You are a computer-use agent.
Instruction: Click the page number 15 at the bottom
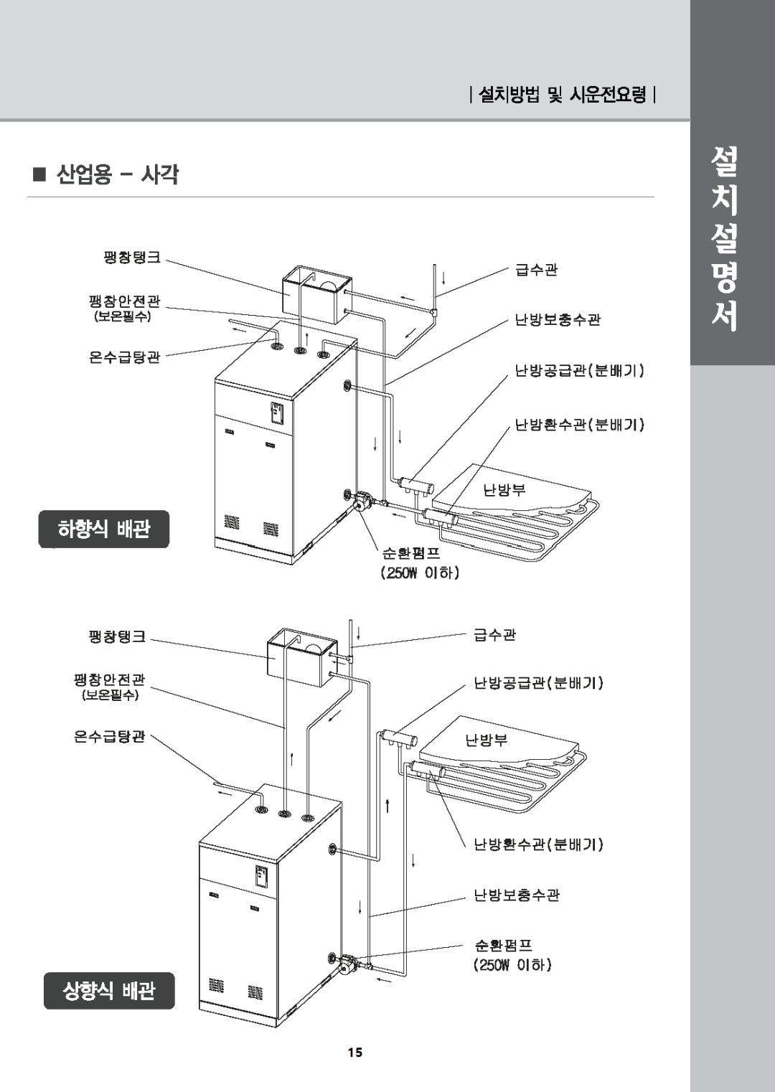click(355, 1053)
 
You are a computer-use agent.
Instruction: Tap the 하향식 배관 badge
click(104, 529)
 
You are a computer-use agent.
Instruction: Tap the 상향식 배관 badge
click(109, 991)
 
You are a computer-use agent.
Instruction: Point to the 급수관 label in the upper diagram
click(536, 270)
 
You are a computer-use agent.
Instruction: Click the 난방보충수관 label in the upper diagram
click(558, 320)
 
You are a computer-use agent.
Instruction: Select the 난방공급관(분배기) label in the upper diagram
click(579, 371)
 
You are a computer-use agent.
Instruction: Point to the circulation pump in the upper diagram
click(363, 500)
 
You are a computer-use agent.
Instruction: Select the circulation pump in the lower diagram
click(348, 963)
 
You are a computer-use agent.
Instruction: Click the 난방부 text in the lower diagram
click(487, 740)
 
